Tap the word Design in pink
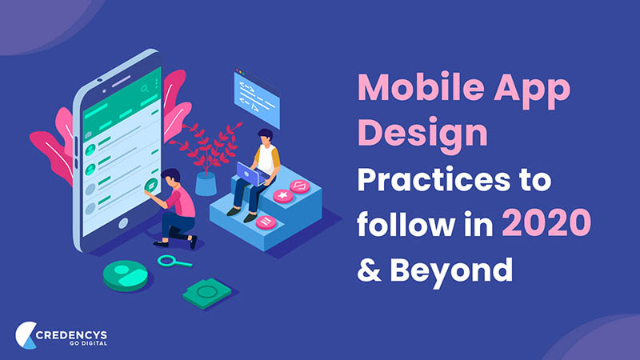[x=422, y=134]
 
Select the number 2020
[x=546, y=222]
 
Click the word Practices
[x=434, y=179]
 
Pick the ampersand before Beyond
[x=369, y=270]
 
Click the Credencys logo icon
[x=26, y=335]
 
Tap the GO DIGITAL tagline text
[x=88, y=343]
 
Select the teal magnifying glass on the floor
[x=174, y=262]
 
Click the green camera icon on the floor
[x=206, y=293]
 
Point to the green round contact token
[x=126, y=275]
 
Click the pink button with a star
[x=283, y=196]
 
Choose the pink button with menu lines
[x=266, y=222]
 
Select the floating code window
[x=257, y=98]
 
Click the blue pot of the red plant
[x=206, y=184]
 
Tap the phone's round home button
[x=123, y=223]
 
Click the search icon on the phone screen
[x=145, y=89]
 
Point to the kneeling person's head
[x=170, y=177]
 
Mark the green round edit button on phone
[x=151, y=186]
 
